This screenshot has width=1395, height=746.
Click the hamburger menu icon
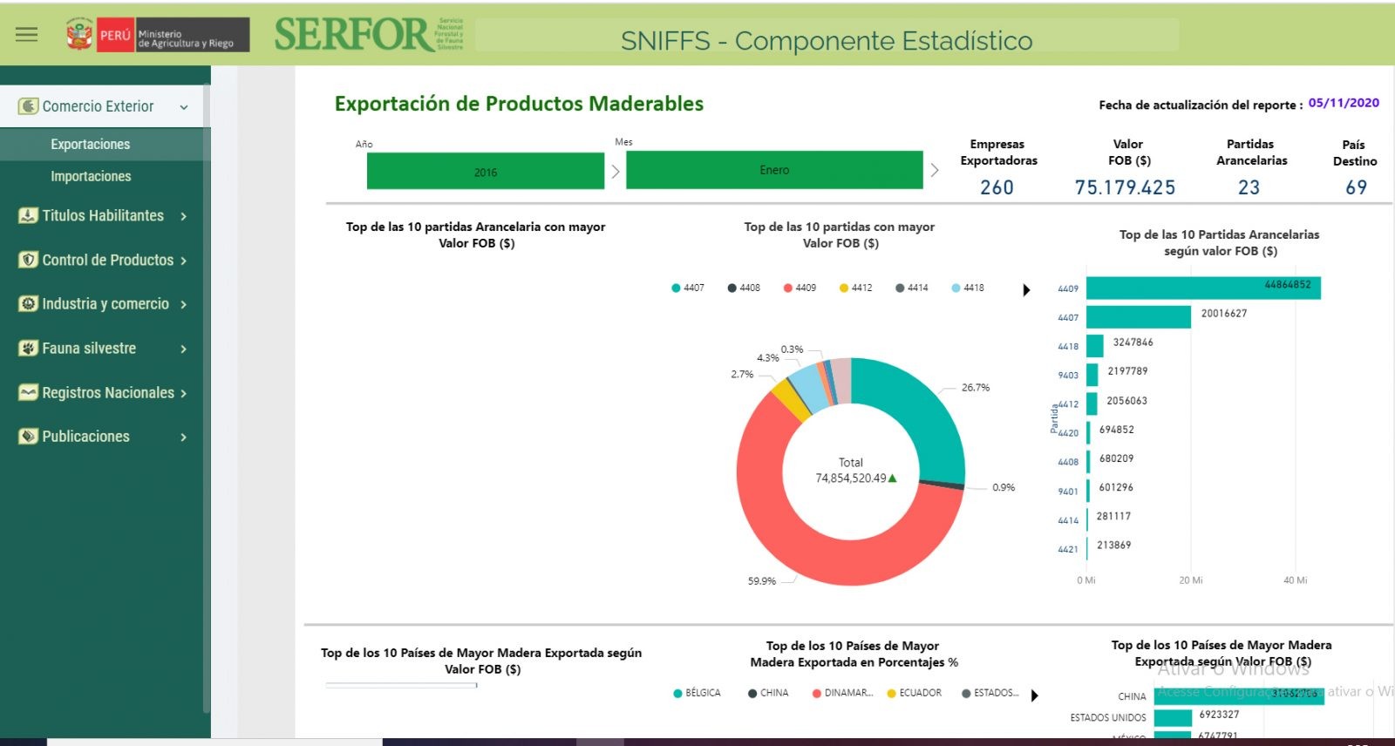click(27, 35)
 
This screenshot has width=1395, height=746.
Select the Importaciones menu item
click(91, 176)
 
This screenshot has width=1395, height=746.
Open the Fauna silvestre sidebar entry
click(89, 349)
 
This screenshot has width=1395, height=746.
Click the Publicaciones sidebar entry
click(85, 437)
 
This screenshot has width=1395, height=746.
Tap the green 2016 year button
click(486, 171)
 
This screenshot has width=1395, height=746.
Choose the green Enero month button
click(774, 170)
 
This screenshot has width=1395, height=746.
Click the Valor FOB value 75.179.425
click(1125, 187)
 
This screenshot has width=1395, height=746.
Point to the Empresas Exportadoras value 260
click(997, 187)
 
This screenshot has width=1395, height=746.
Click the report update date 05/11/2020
click(1344, 103)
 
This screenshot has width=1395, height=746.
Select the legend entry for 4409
click(800, 288)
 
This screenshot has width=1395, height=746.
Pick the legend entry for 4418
click(969, 288)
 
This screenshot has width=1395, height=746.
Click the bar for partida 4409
click(1203, 288)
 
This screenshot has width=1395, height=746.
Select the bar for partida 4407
click(1138, 316)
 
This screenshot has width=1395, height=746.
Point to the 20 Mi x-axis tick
click(1191, 580)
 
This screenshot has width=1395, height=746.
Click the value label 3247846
click(1133, 342)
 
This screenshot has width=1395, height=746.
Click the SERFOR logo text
click(354, 35)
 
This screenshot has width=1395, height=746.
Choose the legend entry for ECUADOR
click(915, 694)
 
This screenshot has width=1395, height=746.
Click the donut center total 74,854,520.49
click(851, 478)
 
